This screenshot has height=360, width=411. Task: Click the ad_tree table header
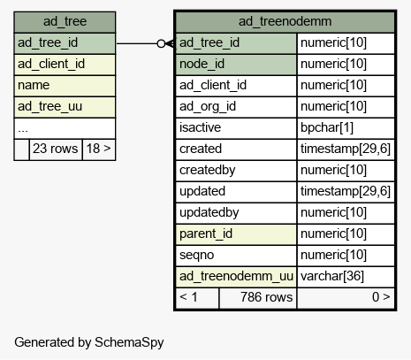pyautogui.click(x=65, y=22)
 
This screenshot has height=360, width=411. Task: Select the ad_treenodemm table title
pyautogui.click(x=285, y=21)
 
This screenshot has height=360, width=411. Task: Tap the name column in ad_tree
pyautogui.click(x=65, y=86)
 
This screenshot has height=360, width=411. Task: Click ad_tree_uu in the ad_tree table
pyautogui.click(x=65, y=107)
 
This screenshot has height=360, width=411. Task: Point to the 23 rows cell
pyautogui.click(x=56, y=149)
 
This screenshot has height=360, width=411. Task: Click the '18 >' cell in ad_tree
pyautogui.click(x=99, y=149)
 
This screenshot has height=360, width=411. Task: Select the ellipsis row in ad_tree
pyautogui.click(x=65, y=128)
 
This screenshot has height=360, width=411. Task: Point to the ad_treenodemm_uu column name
pyautogui.click(x=236, y=277)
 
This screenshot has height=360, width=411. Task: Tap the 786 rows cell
pyautogui.click(x=258, y=298)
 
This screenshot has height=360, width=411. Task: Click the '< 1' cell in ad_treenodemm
pyautogui.click(x=197, y=298)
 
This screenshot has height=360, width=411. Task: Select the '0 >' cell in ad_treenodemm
pyautogui.click(x=346, y=298)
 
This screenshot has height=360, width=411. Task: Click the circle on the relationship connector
pyautogui.click(x=161, y=43)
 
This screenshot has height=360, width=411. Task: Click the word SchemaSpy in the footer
pyautogui.click(x=129, y=342)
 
